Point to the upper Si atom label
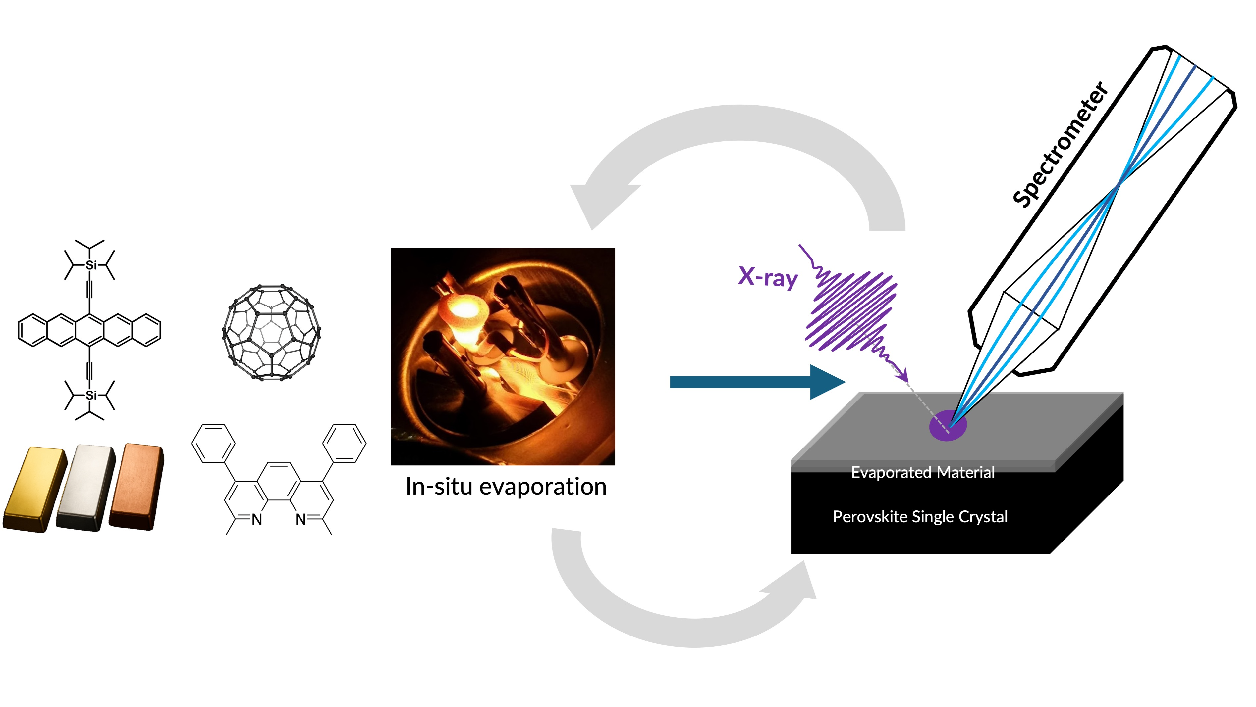tap(91, 265)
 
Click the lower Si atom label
tap(91, 395)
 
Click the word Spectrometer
tap(1061, 145)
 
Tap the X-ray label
tap(768, 277)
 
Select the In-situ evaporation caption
tap(506, 487)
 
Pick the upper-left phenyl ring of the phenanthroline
tap(213, 444)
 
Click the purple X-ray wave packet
tap(853, 312)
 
